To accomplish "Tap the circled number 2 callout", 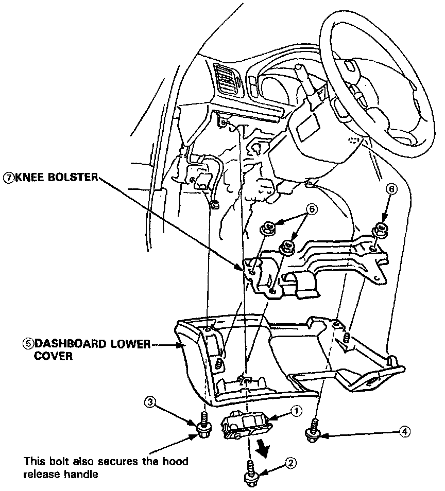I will coord(291,463).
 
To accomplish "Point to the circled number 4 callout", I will coord(406,432).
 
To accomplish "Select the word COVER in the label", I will coord(53,356).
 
